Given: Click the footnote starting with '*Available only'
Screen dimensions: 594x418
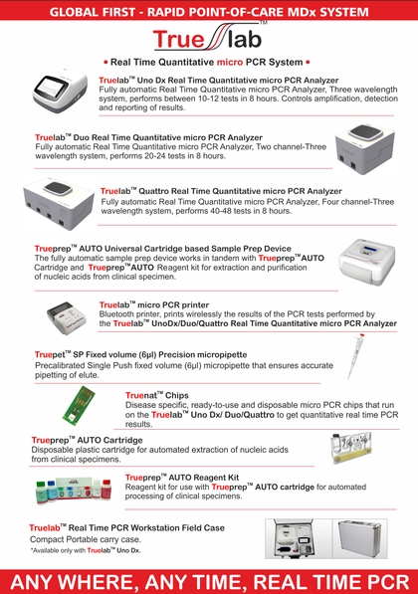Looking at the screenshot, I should point(85,550).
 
